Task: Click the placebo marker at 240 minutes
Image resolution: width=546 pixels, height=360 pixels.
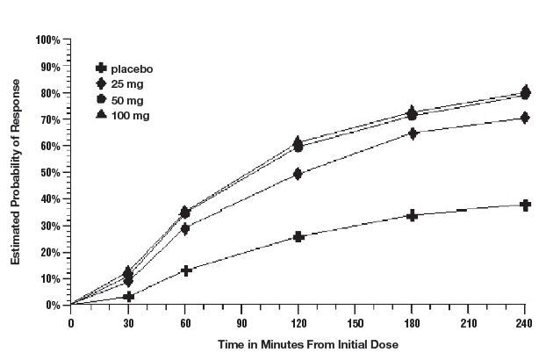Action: pyautogui.click(x=525, y=205)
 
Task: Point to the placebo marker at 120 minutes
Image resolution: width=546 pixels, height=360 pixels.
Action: pyautogui.click(x=298, y=236)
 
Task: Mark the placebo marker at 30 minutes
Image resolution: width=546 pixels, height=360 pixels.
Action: pyautogui.click(x=128, y=297)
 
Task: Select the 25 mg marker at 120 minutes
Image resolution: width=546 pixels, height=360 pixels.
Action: pyautogui.click(x=298, y=174)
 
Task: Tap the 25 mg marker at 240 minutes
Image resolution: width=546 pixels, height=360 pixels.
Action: pyautogui.click(x=525, y=118)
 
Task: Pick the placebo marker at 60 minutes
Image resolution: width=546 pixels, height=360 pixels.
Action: pyautogui.click(x=185, y=270)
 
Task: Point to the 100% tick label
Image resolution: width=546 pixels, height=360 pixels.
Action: pyautogui.click(x=47, y=40)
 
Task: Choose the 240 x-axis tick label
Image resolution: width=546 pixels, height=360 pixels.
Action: pyautogui.click(x=525, y=321)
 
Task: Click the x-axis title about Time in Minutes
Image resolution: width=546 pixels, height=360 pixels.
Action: pyautogui.click(x=298, y=345)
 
